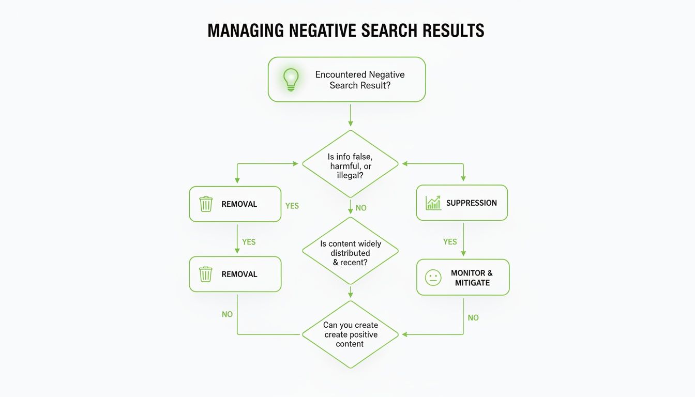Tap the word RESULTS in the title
tap(453, 30)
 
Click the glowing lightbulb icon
tap(291, 79)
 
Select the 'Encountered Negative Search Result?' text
tap(360, 80)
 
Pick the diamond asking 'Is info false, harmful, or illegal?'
tap(350, 164)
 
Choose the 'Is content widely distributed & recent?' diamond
tap(350, 251)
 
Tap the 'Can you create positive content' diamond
tap(350, 334)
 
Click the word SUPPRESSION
tap(471, 203)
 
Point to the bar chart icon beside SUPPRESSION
tap(433, 203)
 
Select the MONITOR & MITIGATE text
tap(472, 278)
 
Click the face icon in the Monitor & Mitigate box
tap(433, 278)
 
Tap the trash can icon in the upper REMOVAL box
tap(206, 204)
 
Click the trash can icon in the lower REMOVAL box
tap(206, 274)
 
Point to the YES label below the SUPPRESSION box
tap(450, 241)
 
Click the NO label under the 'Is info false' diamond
tap(361, 208)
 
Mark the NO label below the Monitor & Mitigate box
tap(473, 318)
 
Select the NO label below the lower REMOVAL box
tap(227, 314)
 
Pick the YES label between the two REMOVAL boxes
tap(249, 242)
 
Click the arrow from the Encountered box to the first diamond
tap(350, 115)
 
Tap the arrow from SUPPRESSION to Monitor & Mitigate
tap(463, 239)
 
